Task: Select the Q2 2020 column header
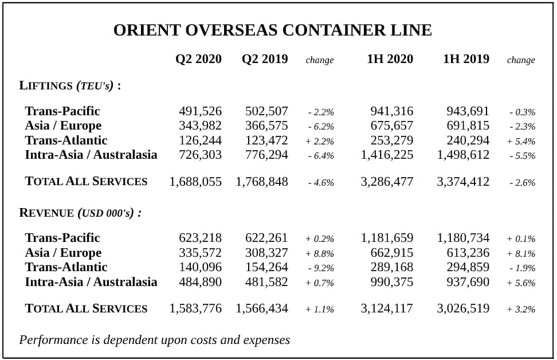pyautogui.click(x=198, y=59)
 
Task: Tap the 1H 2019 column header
pyautogui.click(x=466, y=59)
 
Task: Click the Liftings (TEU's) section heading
pyautogui.click(x=70, y=85)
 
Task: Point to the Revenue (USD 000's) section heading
pyautogui.click(x=80, y=213)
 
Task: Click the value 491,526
pyautogui.click(x=200, y=111)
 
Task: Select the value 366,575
pyautogui.click(x=266, y=126)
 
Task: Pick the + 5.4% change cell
pyautogui.click(x=521, y=142)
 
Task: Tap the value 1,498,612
pyautogui.click(x=463, y=155)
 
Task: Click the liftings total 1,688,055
pyautogui.click(x=195, y=182)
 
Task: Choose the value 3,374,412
pyautogui.click(x=463, y=182)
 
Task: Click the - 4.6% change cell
pyautogui.click(x=321, y=183)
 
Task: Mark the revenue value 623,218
pyautogui.click(x=200, y=238)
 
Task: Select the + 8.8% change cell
pyautogui.click(x=320, y=254)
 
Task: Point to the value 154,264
pyautogui.click(x=266, y=267)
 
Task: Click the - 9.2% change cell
pyautogui.click(x=321, y=268)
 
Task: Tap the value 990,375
pyautogui.click(x=392, y=282)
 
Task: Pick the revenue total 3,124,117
pyautogui.click(x=387, y=308)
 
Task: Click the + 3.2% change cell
pyautogui.click(x=521, y=309)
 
